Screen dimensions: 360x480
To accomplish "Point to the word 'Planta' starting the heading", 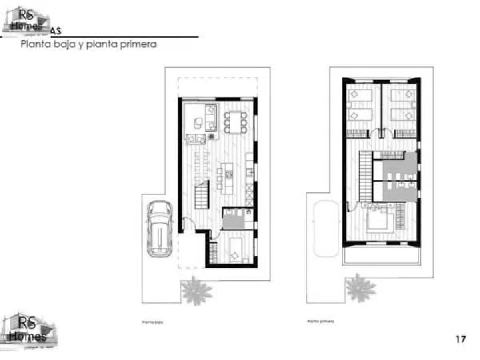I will point(36,46).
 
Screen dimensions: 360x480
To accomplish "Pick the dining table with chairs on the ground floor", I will point(235,122).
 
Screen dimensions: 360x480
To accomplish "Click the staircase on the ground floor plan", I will point(199,195).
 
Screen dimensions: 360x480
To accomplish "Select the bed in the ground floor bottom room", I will point(238,250).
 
